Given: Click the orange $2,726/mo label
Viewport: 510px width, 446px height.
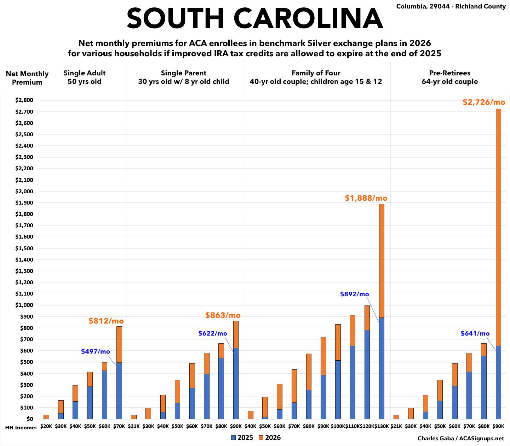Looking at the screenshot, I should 484,102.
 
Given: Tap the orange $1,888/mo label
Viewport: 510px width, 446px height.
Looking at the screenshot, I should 366,198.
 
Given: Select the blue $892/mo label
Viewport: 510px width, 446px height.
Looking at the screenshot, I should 354,294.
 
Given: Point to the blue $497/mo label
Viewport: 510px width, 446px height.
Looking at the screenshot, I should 96,351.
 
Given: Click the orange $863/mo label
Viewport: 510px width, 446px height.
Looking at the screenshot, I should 223,315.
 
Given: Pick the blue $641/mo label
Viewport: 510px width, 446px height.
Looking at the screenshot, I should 475,333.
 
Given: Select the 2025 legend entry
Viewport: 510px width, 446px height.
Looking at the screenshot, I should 242,438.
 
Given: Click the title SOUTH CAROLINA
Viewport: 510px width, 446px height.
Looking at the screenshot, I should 255,18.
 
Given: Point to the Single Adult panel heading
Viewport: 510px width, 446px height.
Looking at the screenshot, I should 85,77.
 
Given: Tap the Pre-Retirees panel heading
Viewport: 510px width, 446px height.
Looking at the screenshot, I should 449,77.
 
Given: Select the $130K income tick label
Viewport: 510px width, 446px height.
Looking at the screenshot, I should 382,427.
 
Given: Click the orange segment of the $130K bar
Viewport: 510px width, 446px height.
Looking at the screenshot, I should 382,261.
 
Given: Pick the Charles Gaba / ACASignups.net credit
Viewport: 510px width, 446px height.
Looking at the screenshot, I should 460,438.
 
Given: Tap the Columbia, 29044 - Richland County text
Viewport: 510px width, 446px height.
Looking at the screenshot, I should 451,6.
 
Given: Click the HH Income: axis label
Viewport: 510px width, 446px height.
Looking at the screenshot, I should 21,428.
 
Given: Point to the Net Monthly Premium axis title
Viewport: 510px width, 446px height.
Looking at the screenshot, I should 27,78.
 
